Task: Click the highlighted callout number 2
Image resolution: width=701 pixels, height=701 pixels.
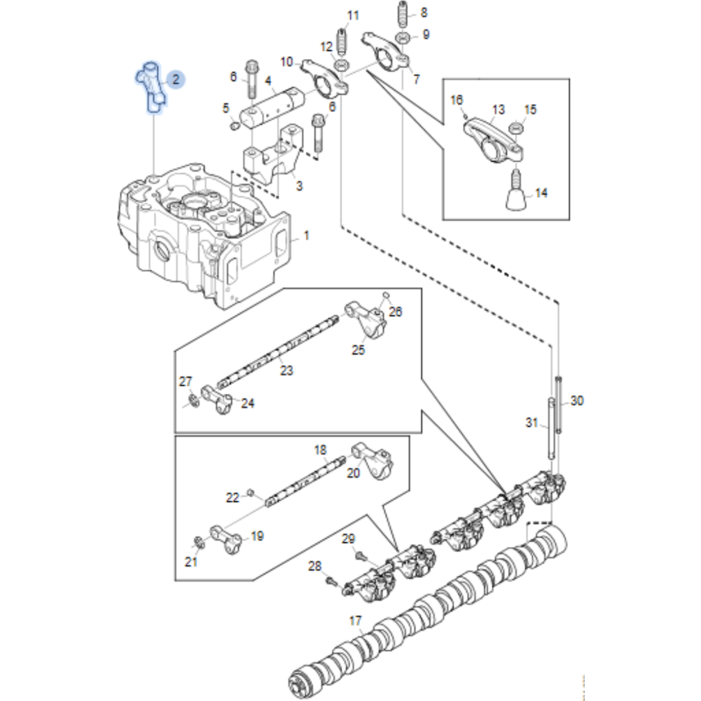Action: (175, 80)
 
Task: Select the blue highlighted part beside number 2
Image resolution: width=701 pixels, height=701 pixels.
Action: (151, 88)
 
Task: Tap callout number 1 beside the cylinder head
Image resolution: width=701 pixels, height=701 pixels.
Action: (306, 236)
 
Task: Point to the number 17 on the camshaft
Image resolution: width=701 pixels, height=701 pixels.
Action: (355, 621)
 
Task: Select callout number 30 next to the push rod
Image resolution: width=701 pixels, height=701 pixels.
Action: (577, 400)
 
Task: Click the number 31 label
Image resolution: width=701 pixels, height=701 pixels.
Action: (531, 422)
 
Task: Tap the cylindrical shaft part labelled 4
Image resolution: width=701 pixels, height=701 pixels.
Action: (272, 106)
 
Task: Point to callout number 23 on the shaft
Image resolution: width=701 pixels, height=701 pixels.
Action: (286, 370)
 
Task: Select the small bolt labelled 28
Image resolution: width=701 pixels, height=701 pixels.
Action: (330, 581)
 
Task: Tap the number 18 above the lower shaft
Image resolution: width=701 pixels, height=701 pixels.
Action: (320, 450)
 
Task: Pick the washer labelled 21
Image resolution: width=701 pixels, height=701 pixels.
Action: (198, 543)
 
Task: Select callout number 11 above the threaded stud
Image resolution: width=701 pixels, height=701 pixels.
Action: (353, 15)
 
